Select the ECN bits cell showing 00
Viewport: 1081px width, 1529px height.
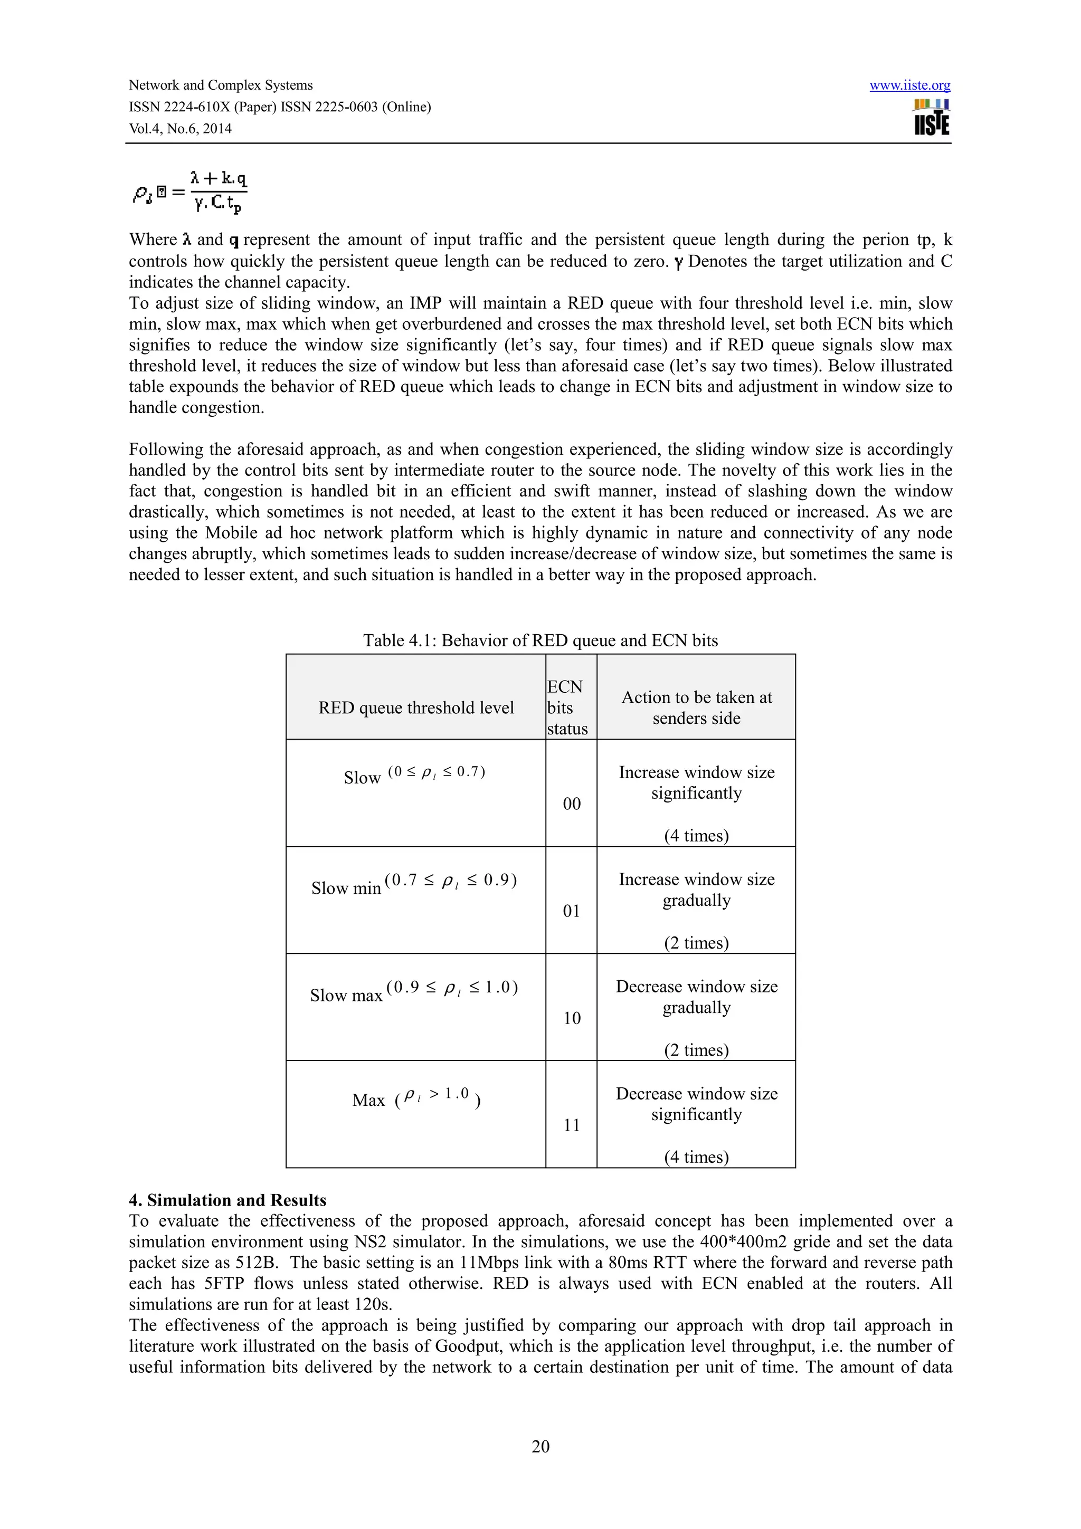pos(572,803)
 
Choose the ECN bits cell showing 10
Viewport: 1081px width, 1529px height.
pos(572,1018)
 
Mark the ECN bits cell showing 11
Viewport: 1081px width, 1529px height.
pos(572,1125)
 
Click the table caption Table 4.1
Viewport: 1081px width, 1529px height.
pos(540,640)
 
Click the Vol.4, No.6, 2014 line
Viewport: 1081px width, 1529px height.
pos(180,129)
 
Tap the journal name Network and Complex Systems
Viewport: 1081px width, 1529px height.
pos(221,85)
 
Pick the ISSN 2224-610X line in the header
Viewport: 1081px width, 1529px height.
pos(280,107)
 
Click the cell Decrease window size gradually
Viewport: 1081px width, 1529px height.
pos(696,996)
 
